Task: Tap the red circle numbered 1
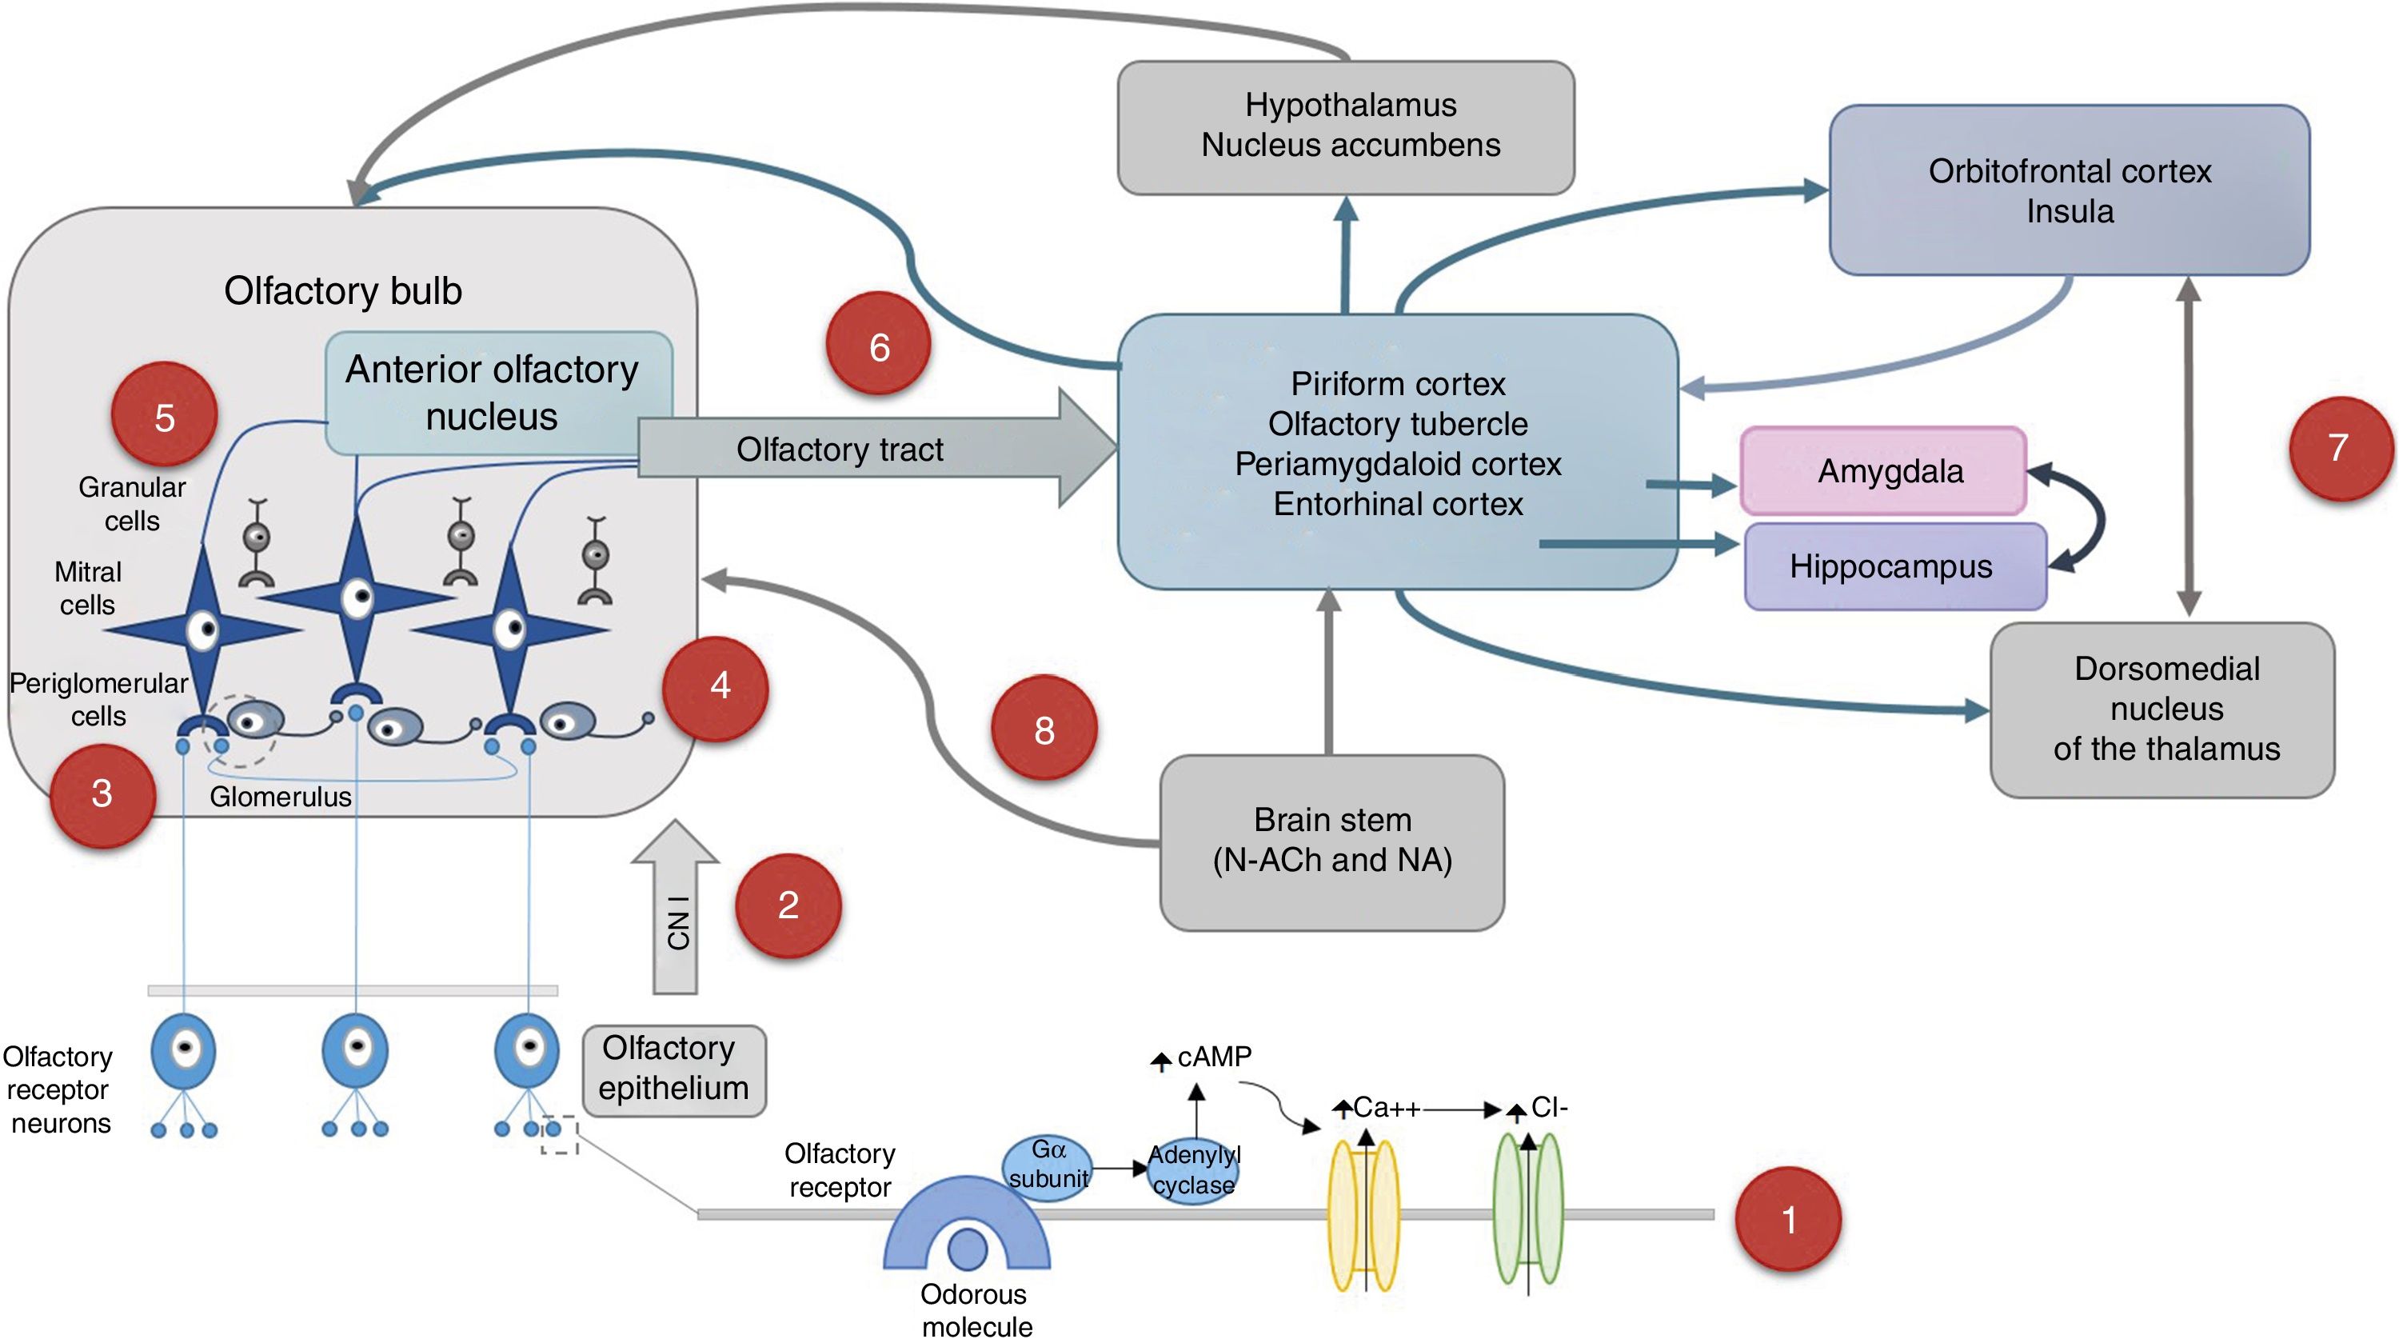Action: (x=1787, y=1218)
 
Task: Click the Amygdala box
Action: (x=1883, y=471)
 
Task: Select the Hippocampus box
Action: (x=1894, y=566)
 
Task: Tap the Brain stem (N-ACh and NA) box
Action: (x=1331, y=841)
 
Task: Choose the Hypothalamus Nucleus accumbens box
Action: (x=1347, y=126)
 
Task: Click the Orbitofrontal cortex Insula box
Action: (x=2070, y=190)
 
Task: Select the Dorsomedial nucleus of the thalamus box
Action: (x=2162, y=709)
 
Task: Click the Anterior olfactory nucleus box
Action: (x=493, y=391)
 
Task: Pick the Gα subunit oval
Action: (x=1048, y=1167)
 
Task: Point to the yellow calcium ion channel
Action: (x=1363, y=1215)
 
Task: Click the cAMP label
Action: (x=1211, y=1057)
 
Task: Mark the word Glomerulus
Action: (x=281, y=797)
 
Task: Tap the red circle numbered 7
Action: (x=2337, y=448)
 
